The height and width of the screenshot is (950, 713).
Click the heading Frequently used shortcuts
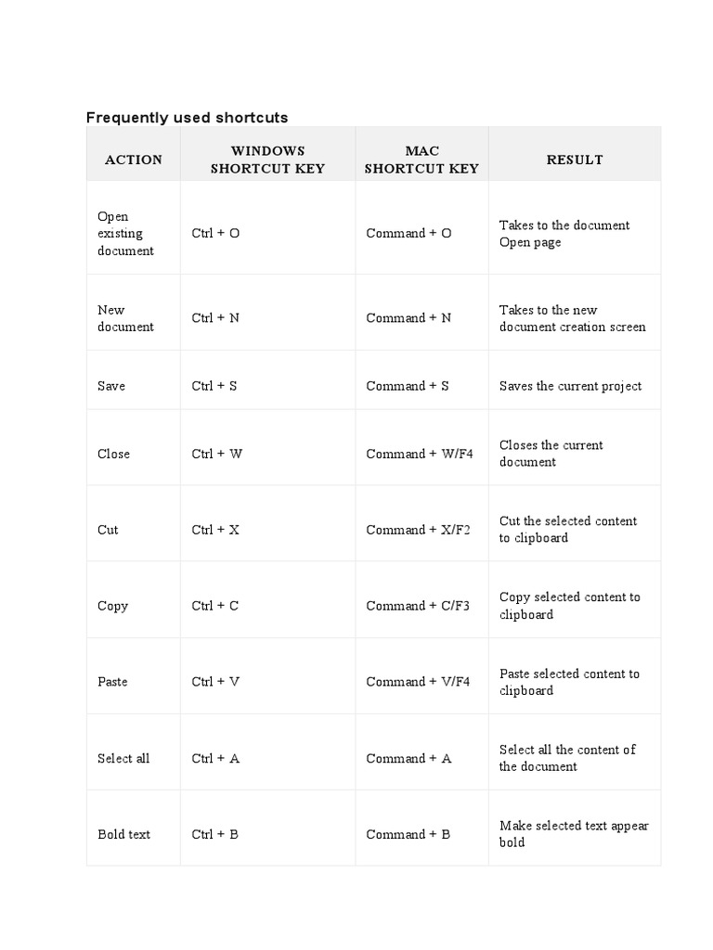tap(187, 117)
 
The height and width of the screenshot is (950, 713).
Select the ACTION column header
tap(134, 160)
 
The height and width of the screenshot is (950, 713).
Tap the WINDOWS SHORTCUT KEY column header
tap(267, 160)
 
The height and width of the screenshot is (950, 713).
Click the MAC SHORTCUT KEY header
tap(421, 160)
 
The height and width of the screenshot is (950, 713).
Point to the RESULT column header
tap(575, 160)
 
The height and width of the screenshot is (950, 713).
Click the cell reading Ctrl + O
tap(215, 233)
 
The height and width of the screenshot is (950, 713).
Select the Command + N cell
tap(408, 317)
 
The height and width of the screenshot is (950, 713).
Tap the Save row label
tap(111, 386)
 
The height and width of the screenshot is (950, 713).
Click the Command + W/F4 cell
tap(420, 454)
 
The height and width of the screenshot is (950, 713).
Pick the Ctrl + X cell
tap(215, 530)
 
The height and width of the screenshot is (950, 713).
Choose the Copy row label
tap(112, 606)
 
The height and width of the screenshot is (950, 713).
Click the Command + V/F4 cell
tap(418, 682)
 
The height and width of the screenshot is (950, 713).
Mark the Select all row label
tap(123, 758)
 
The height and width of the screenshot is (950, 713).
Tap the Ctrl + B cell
tap(215, 834)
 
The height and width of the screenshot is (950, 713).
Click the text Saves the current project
tap(570, 386)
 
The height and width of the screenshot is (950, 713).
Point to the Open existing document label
tap(126, 233)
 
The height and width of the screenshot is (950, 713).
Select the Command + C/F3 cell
tap(418, 606)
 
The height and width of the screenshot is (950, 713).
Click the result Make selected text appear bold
tap(574, 834)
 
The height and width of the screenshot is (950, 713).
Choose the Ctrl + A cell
tap(215, 758)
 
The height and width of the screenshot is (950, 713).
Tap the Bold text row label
tap(123, 834)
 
